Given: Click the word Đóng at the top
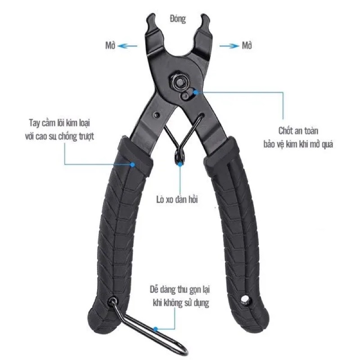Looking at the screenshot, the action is coord(178,19).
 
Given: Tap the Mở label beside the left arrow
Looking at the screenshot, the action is coord(110,45).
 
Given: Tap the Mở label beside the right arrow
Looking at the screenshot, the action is coord(247,45).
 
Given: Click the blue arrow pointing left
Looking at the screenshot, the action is coord(127,46).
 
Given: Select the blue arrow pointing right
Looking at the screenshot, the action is coord(229,46).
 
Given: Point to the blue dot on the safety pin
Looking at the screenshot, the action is coord(195,92).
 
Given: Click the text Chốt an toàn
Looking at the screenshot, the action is coord(298,131).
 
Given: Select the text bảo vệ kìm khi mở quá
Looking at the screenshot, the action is coord(298,144).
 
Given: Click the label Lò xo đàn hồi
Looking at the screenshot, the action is coord(177,199).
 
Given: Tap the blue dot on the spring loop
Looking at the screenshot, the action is coord(180,164).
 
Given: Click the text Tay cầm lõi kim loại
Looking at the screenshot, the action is coord(59,123).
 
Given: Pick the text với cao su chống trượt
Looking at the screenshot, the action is coord(59,136).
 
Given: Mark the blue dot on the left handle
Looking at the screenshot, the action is coord(132,164).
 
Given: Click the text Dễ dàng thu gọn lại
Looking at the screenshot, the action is coord(180,289).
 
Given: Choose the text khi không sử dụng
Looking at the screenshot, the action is coord(181,303).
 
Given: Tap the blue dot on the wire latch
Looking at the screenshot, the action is coord(155,329).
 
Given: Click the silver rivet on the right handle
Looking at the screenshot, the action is coord(245,299).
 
